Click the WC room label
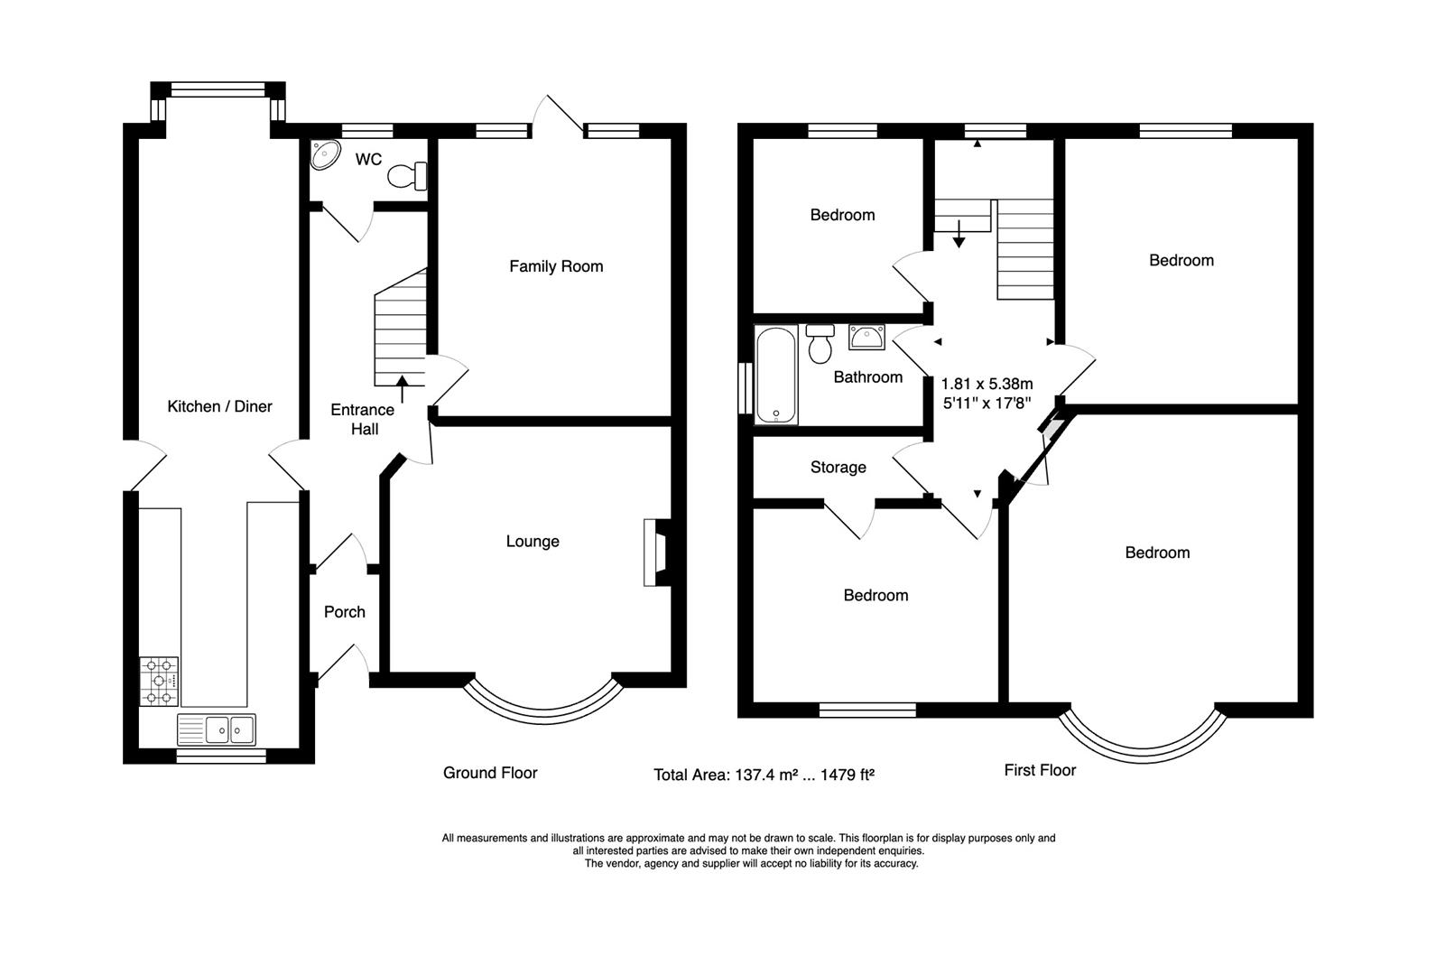[x=368, y=160]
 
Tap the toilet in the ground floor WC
[x=408, y=175]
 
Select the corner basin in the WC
[x=324, y=155]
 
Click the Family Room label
[x=556, y=266]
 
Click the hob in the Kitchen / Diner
[x=159, y=682]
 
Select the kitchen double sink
[x=217, y=729]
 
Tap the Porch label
[x=345, y=612]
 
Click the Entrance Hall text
[x=362, y=420]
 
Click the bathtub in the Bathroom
[x=776, y=376]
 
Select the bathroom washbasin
[x=866, y=338]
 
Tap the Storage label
[x=838, y=468]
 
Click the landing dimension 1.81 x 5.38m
[x=987, y=384]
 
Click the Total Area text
[x=764, y=775]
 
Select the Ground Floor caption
[x=490, y=773]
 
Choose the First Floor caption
[x=1040, y=770]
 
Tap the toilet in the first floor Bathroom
[x=820, y=344]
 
